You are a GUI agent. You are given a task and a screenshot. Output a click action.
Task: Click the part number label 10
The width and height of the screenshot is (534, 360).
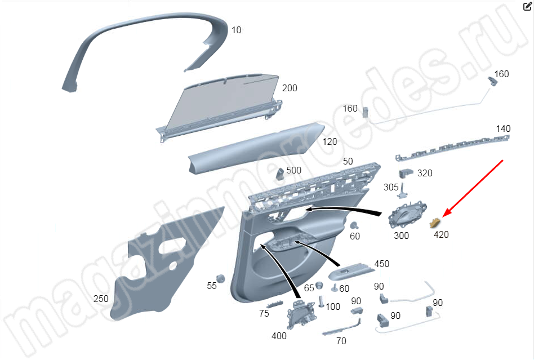[237, 30]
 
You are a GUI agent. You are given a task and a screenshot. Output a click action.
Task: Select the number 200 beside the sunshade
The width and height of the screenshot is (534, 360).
[290, 88]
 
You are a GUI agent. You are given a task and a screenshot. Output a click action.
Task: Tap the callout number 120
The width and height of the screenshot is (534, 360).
[330, 142]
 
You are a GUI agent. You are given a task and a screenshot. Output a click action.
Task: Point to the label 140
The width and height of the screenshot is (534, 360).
[503, 129]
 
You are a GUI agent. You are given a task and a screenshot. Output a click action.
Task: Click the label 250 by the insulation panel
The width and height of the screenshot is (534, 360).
[101, 299]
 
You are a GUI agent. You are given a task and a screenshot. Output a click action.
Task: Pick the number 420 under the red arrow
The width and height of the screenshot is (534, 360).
[441, 235]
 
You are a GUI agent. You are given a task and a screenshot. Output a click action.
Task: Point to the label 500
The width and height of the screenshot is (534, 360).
[294, 171]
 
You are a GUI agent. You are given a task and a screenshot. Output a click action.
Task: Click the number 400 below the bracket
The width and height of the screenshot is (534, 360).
[279, 336]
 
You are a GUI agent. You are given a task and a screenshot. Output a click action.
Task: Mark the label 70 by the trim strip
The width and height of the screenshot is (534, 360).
[341, 341]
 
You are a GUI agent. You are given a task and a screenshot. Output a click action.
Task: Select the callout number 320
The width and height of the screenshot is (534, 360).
[425, 174]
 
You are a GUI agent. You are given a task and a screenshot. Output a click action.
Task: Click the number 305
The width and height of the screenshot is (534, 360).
[391, 187]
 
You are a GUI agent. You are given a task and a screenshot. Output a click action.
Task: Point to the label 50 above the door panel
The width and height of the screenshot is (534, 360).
[348, 162]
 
